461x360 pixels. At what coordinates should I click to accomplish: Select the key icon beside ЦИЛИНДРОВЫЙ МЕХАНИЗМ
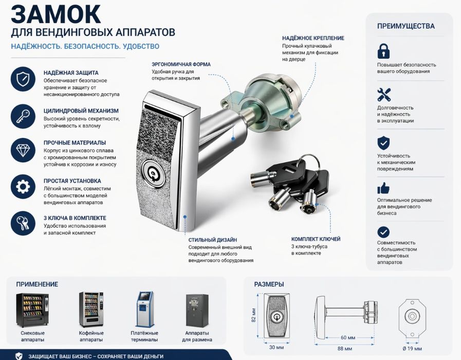[23, 115]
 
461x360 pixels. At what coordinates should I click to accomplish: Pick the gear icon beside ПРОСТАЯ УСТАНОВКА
[23, 186]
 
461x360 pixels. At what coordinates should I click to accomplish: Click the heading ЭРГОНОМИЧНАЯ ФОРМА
[181, 64]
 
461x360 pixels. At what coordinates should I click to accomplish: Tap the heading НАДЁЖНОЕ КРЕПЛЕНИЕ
[313, 38]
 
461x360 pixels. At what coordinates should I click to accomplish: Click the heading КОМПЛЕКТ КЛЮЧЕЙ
[316, 239]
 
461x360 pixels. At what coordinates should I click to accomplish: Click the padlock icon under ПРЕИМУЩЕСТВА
[383, 50]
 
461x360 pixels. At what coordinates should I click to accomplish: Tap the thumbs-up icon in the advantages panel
[383, 187]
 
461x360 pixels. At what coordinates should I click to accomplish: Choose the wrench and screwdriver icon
[384, 95]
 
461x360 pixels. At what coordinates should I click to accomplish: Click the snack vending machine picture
[32, 310]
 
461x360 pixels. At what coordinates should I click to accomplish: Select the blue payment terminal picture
[144, 309]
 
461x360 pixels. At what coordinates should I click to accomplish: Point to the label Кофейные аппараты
[91, 336]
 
